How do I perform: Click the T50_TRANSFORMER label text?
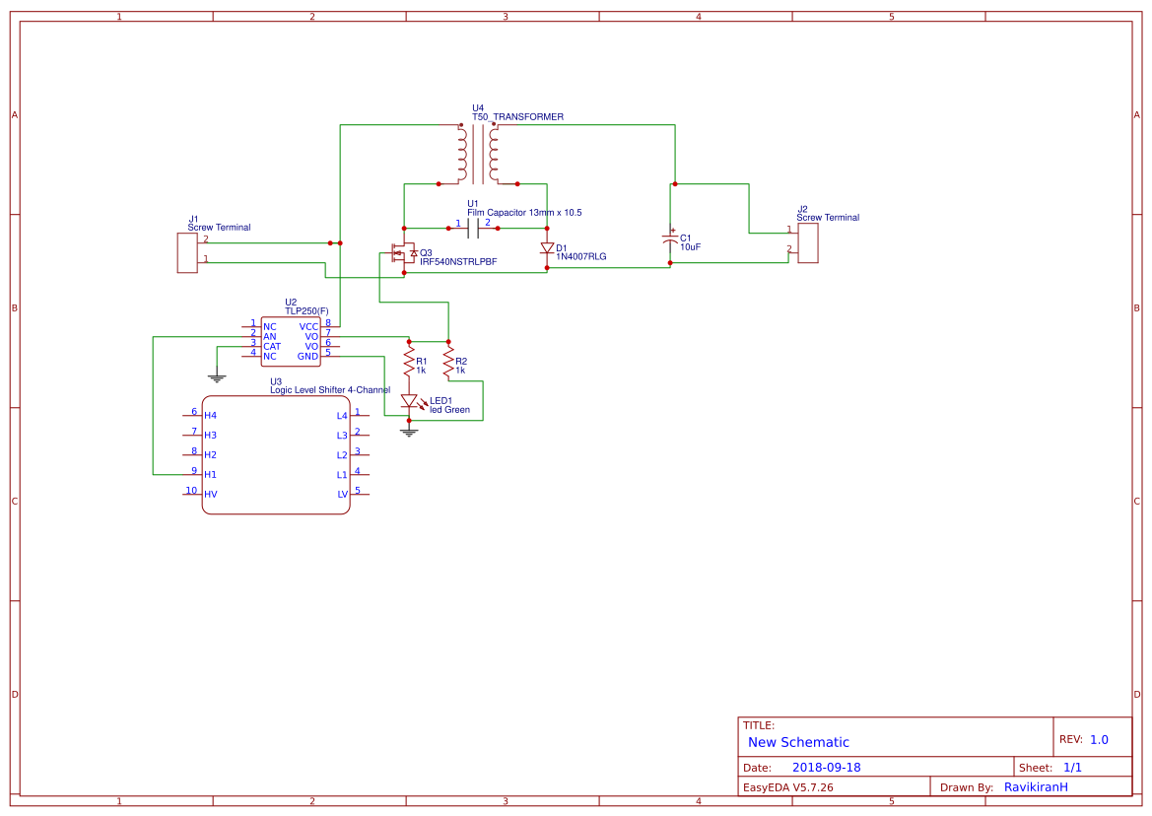tap(517, 116)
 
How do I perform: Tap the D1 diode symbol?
tap(547, 249)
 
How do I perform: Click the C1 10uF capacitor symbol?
tap(670, 240)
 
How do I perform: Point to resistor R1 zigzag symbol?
tap(409, 365)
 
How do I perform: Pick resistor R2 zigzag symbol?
tap(448, 363)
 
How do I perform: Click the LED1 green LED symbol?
tap(409, 401)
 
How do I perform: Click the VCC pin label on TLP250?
tap(308, 326)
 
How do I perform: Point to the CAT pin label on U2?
tap(271, 346)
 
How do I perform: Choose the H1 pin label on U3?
tap(210, 475)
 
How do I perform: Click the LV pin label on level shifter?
tap(343, 494)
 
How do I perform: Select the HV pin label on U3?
tap(210, 494)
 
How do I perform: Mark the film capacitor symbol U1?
tap(478, 229)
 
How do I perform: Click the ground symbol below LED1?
tap(409, 432)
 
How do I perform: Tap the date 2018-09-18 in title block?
tap(826, 767)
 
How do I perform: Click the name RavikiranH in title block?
tap(1036, 786)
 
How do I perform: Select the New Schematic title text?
tap(798, 742)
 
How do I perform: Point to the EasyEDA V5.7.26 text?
tap(788, 786)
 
